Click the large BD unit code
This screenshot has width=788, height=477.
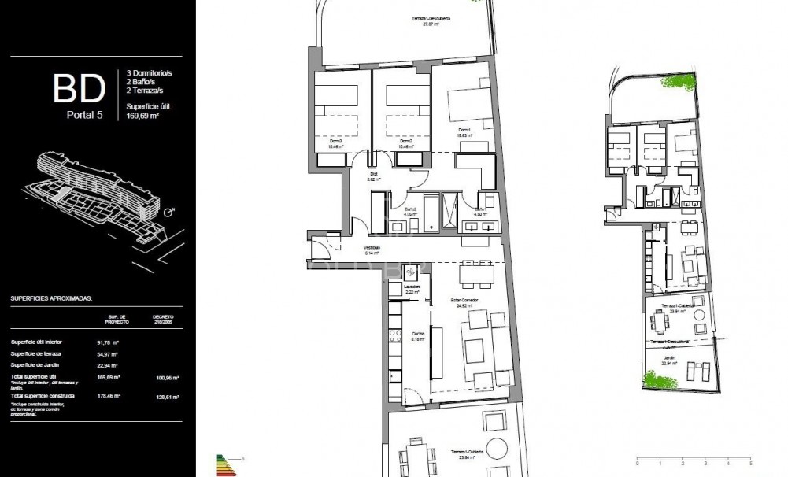pos(79,89)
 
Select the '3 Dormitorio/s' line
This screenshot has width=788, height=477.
pos(150,73)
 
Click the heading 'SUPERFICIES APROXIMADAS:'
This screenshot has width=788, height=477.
pos(51,299)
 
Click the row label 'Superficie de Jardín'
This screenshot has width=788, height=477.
pos(38,365)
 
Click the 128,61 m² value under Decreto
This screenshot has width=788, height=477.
pos(163,395)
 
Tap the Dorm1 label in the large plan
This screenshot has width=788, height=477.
pos(464,131)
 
